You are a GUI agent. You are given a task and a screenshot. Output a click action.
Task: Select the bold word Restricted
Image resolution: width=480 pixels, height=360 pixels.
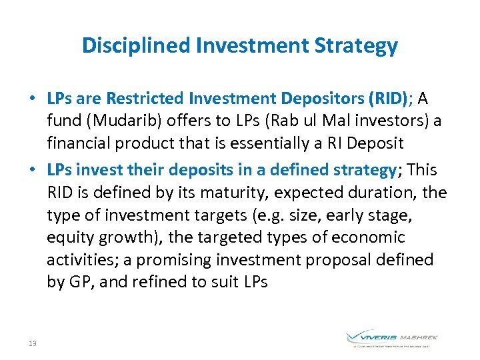tap(148, 99)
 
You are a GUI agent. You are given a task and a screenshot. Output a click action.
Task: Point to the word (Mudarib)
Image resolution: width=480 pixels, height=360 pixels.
tap(115, 121)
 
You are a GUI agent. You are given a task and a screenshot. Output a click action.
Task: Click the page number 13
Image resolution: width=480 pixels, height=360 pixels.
tap(33, 343)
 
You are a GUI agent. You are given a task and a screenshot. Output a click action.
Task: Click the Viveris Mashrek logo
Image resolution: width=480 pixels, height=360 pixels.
tap(391, 339)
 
